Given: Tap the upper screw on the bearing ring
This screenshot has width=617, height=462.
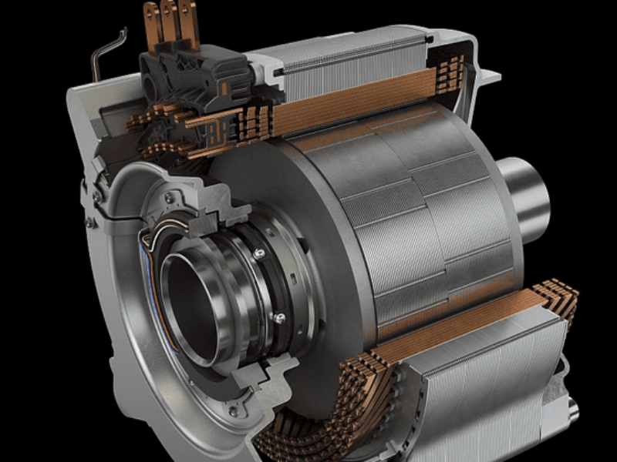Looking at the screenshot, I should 260,253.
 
